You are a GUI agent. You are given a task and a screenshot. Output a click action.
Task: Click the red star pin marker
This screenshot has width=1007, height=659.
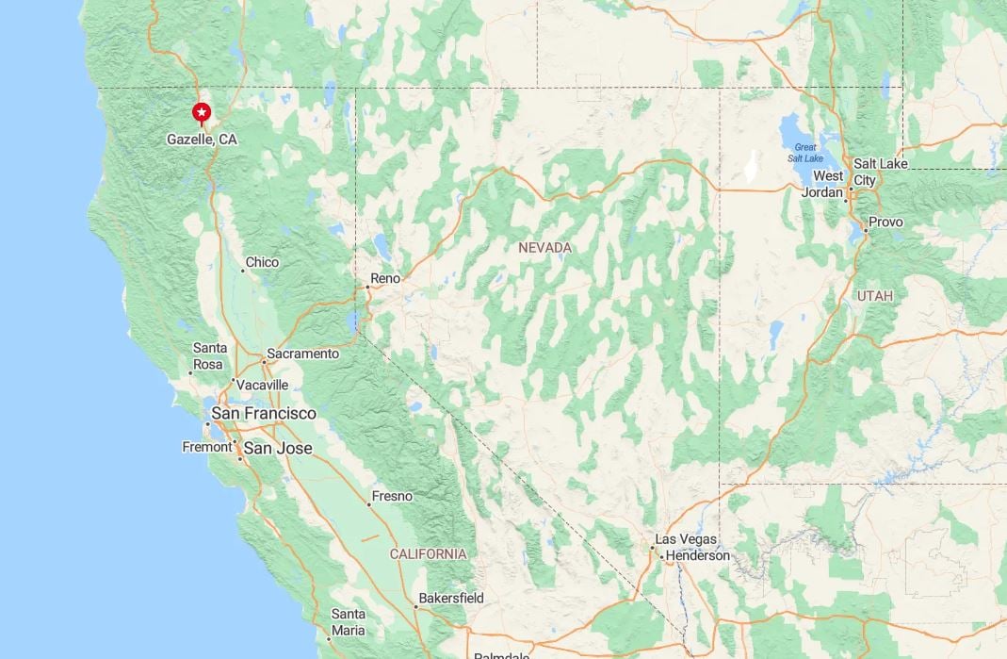point(202,113)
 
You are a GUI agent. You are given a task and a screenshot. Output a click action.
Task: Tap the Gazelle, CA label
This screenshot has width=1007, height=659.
point(202,140)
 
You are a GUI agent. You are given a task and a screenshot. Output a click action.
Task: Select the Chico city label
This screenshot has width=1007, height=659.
point(262,262)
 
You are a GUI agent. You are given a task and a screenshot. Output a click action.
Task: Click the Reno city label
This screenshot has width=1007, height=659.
point(385,278)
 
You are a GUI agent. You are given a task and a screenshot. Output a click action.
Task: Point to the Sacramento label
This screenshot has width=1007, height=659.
point(302,354)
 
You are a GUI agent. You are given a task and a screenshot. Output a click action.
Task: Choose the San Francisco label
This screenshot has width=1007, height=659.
point(264,413)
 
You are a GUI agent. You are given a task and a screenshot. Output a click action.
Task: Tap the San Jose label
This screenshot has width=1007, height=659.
point(278,448)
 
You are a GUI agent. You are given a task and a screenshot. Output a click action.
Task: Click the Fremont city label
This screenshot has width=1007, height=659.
point(206,447)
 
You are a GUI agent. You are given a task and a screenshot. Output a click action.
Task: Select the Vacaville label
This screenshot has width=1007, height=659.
point(263,385)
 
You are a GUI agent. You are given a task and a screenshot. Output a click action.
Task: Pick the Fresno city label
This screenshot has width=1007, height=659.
point(392,496)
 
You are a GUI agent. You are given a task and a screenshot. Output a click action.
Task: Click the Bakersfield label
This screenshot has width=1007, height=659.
point(451,598)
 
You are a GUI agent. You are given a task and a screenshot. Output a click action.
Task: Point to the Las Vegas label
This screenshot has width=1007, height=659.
point(686,539)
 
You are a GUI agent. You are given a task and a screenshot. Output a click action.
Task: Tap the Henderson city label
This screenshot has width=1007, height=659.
point(698,555)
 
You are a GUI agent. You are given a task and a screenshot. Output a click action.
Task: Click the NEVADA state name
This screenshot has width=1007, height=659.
point(544,247)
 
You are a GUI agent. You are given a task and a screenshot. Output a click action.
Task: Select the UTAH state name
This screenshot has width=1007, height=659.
point(874,296)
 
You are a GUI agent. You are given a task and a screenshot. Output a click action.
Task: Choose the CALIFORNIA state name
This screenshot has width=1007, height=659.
point(428,553)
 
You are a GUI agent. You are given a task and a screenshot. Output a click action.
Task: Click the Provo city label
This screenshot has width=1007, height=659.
point(885,222)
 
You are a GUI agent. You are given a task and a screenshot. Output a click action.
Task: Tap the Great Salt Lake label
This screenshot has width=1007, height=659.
point(805,153)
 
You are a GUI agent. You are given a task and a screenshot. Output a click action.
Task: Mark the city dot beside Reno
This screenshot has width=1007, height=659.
point(367,287)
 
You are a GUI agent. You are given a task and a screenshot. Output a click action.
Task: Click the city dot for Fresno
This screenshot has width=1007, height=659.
point(369,504)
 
